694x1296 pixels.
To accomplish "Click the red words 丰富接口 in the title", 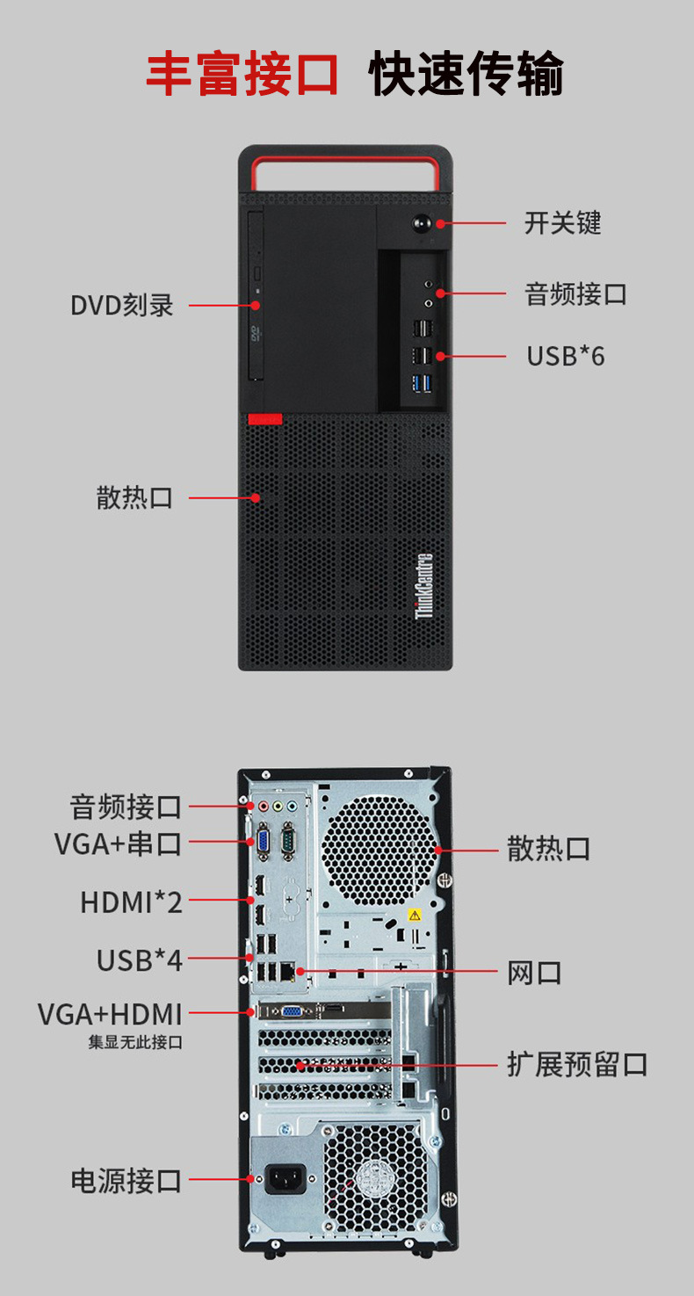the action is [x=242, y=74].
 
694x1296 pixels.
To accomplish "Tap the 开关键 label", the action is [x=562, y=223].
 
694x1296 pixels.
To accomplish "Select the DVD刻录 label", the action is [x=122, y=306].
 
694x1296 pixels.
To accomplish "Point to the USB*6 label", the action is [x=566, y=356].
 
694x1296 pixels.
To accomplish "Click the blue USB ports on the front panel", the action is [x=423, y=383].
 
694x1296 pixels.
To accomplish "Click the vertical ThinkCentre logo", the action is [x=424, y=586].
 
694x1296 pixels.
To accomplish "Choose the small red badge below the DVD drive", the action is [x=264, y=419].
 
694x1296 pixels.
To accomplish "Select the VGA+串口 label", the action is [x=119, y=844].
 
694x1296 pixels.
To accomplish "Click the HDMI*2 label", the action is [x=132, y=901].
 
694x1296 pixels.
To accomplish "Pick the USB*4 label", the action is [x=140, y=960].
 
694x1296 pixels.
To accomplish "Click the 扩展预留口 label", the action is [x=577, y=1065].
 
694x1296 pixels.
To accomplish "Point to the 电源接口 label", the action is [x=127, y=1180].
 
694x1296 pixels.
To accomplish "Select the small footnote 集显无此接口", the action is [x=135, y=1043].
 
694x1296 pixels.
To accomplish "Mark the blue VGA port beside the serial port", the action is [x=262, y=843].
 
